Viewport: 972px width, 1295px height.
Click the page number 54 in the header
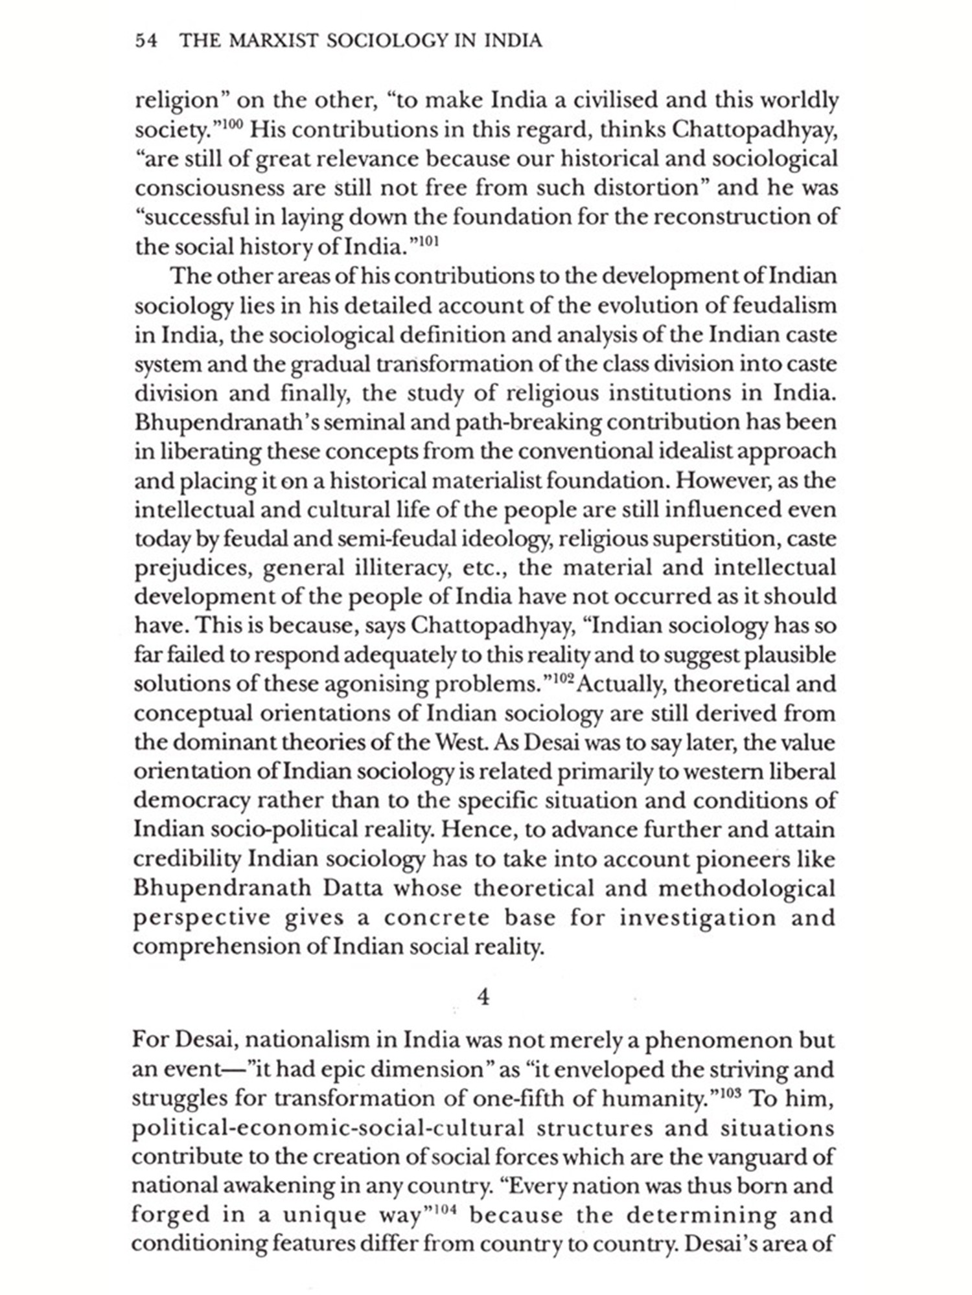[146, 41]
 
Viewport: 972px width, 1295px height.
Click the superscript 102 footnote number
[561, 677]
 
